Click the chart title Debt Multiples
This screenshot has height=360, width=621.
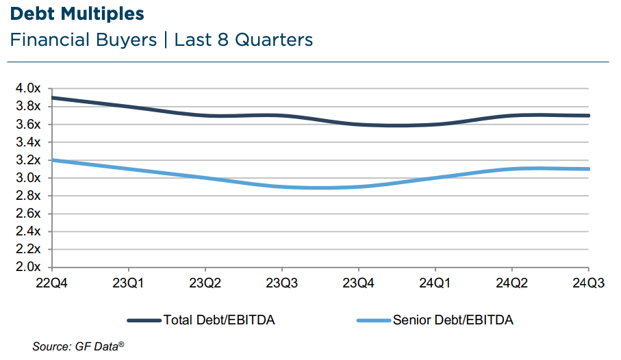77,14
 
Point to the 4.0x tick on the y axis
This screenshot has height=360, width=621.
29,88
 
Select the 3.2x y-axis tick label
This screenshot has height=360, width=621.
29,160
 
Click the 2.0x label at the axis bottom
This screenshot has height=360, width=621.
29,267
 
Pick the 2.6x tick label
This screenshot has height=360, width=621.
29,214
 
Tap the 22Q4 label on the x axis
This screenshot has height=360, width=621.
53,282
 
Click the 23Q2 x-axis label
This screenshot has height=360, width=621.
206,282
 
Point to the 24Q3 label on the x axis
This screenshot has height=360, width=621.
587,282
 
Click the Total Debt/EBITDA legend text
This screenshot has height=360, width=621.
219,320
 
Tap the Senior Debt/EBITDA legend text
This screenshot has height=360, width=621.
453,320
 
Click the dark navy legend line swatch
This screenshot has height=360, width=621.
144,320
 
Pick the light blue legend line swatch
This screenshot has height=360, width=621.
375,320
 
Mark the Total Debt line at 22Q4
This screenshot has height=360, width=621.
53,98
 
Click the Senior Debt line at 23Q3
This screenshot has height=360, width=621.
283,186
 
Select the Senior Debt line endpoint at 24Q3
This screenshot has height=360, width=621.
588,169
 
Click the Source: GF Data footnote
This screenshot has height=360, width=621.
79,346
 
